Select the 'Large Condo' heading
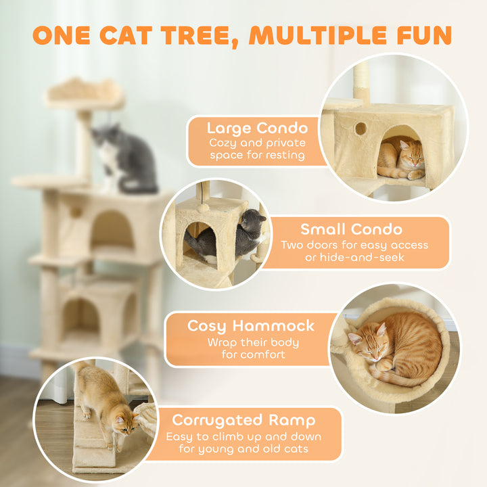coord(257,128)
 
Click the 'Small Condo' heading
coord(351,229)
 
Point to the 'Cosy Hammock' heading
coord(251,326)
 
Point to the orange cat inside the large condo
coord(402,160)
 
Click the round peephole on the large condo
coord(361,128)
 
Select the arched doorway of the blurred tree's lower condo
coord(82,318)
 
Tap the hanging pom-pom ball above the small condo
coord(204,208)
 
